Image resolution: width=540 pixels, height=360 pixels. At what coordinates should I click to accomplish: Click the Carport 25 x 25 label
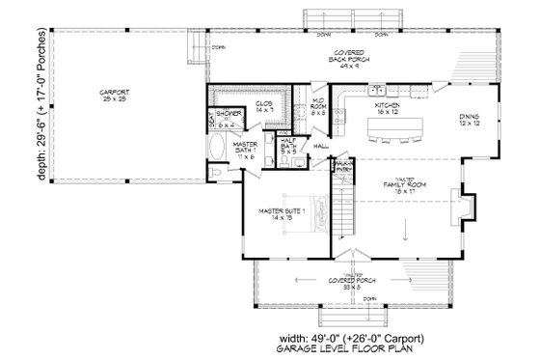click(x=114, y=96)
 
